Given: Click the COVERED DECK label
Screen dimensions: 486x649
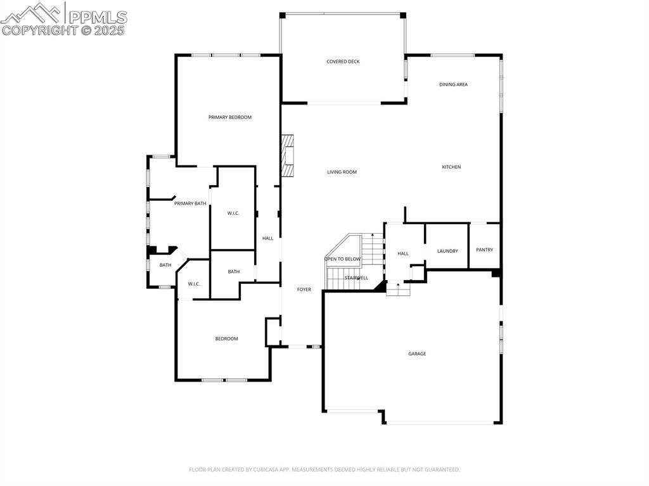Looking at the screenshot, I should (343, 61).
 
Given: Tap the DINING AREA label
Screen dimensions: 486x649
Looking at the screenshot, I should (453, 84).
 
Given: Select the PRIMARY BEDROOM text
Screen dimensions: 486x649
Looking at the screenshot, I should (230, 117).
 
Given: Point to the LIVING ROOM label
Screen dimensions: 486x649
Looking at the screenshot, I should (342, 172).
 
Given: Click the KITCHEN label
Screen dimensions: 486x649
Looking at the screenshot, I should (451, 167).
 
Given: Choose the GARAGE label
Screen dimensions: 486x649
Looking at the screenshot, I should (417, 354).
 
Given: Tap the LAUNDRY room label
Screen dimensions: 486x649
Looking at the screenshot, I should (447, 252).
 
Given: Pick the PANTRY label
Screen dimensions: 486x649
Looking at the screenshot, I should (484, 250).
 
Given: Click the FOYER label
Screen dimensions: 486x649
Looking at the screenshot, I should (304, 290).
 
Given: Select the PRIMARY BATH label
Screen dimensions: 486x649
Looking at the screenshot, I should (190, 203).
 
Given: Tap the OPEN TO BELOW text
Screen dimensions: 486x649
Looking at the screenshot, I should (342, 259).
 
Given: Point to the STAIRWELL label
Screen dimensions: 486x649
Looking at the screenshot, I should (356, 278).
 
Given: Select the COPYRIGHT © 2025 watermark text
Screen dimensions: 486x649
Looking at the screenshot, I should (63, 30).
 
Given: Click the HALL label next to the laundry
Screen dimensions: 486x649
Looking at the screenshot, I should (403, 253).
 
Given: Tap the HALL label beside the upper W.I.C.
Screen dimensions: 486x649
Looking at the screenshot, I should (268, 238).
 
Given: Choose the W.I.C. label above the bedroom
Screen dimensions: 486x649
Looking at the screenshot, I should (194, 284).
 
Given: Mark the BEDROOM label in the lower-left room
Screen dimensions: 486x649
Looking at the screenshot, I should (226, 339).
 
